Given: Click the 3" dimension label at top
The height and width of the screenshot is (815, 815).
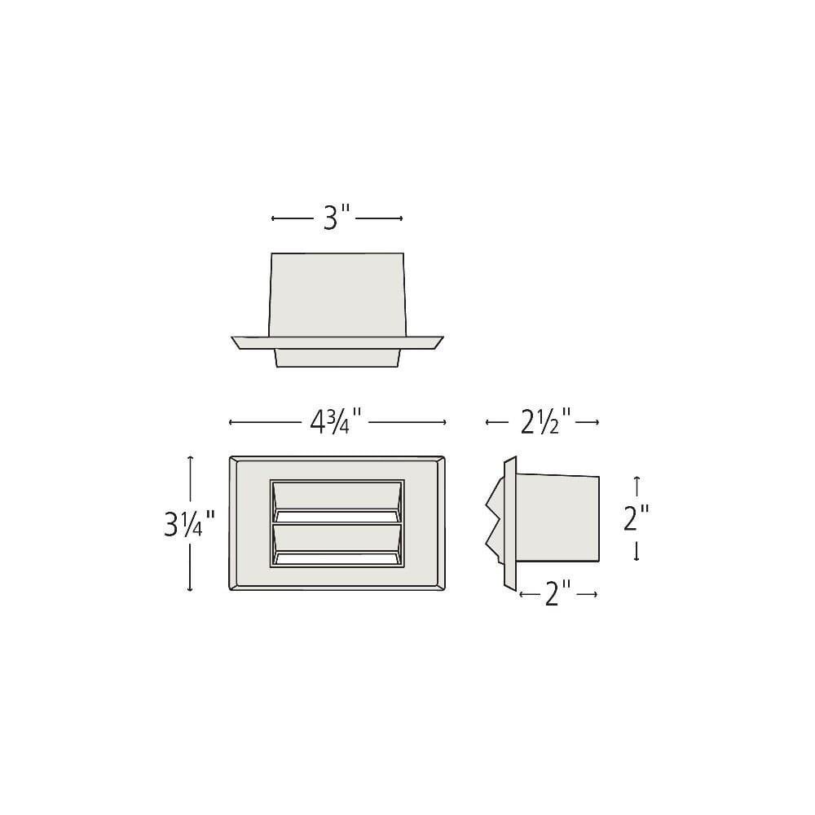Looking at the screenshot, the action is click(337, 218).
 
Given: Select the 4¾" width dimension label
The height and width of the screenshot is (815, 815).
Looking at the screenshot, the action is click(335, 421).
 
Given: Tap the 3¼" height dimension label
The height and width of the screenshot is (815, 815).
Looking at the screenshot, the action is click(189, 523).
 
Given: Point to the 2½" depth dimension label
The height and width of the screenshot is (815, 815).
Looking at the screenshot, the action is click(546, 421).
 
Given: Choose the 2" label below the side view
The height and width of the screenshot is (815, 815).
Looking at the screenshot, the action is click(558, 593).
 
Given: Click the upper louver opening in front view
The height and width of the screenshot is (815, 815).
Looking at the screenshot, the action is click(337, 501).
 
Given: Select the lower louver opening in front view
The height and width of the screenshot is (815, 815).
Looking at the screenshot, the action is click(337, 544).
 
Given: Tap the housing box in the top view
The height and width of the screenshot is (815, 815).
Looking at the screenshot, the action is click(337, 295).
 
